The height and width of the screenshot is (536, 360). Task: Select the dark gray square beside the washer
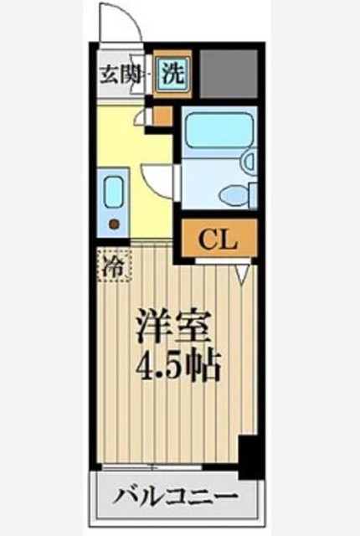coord(229,72)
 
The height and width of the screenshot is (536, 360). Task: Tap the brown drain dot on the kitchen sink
coord(114,223)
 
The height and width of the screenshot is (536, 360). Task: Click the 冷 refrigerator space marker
coord(113,268)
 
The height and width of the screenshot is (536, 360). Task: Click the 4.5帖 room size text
coord(175,364)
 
